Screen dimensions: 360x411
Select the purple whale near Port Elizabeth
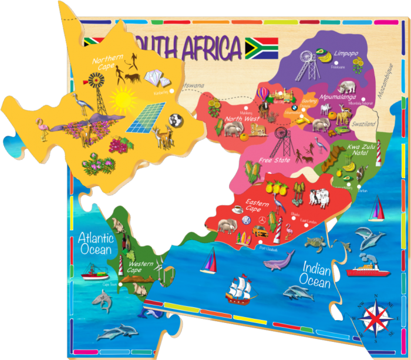278,259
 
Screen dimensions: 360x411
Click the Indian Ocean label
316,274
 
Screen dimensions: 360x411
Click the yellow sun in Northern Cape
122,100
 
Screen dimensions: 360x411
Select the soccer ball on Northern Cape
174,120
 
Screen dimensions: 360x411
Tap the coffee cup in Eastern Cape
238,209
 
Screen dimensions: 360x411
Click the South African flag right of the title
261,48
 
